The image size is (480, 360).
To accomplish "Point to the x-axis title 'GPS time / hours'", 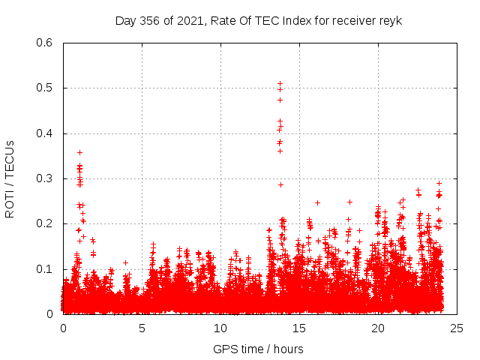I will click(x=258, y=349).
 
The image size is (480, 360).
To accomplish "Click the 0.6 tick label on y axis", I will click(x=47, y=43).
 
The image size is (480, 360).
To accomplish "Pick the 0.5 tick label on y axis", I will click(x=47, y=88).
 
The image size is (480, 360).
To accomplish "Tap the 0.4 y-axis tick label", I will click(x=47, y=133).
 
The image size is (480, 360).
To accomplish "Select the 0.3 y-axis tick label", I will click(x=47, y=178).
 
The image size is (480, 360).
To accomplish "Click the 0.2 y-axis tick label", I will click(x=47, y=223).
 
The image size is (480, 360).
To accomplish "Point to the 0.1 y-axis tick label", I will click(x=47, y=269).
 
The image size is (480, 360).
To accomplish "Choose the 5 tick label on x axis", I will click(x=142, y=328).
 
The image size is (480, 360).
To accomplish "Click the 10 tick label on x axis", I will click(x=220, y=328).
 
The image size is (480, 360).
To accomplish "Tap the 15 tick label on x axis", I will click(x=299, y=328).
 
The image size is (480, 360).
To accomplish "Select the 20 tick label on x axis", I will click(x=378, y=328).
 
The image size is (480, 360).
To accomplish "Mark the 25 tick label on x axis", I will click(x=457, y=328).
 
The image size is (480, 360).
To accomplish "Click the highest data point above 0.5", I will click(x=280, y=84).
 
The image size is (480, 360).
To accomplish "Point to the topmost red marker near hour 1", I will click(x=79, y=152).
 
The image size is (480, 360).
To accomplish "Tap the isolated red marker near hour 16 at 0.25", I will click(x=317, y=202).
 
